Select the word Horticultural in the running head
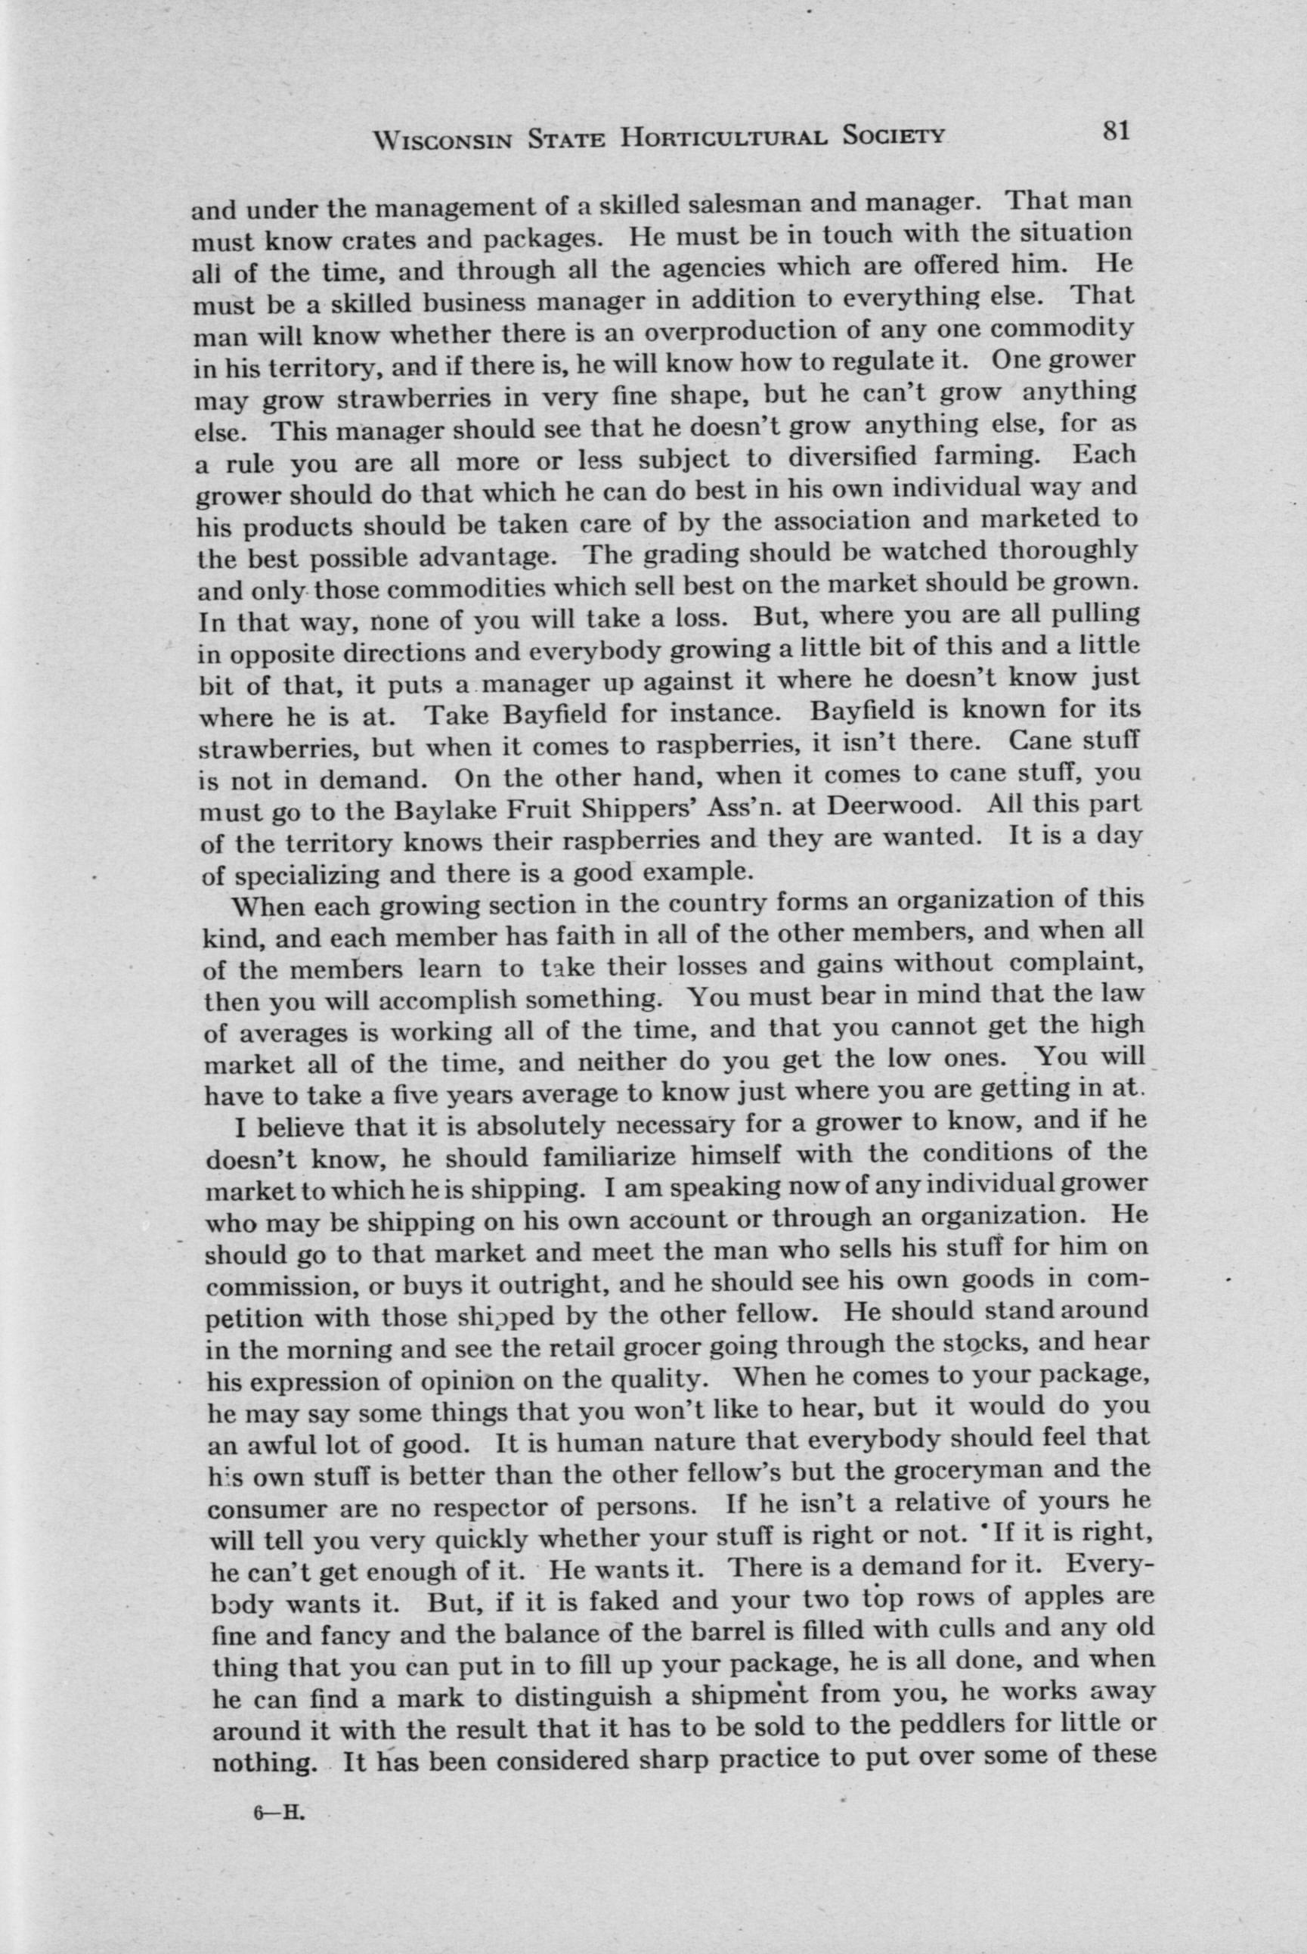723,136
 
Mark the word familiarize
606,1158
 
